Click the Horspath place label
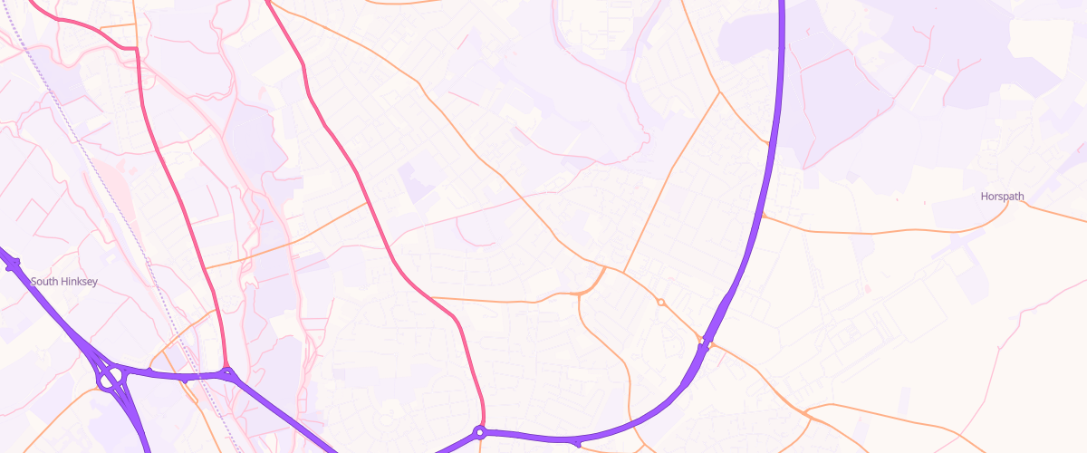pyautogui.click(x=1002, y=196)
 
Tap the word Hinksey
pyautogui.click(x=77, y=282)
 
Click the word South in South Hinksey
pyautogui.click(x=43, y=282)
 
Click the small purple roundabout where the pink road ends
pyautogui.click(x=480, y=432)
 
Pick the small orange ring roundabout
pyautogui.click(x=661, y=302)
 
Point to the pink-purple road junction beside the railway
pyautogui.click(x=226, y=372)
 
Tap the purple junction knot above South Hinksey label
pyautogui.click(x=13, y=265)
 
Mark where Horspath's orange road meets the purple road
pyautogui.click(x=762, y=216)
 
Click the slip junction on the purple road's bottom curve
pyautogui.click(x=576, y=442)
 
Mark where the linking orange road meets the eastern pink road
pyautogui.click(x=368, y=202)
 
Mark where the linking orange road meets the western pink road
pyautogui.click(x=206, y=268)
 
